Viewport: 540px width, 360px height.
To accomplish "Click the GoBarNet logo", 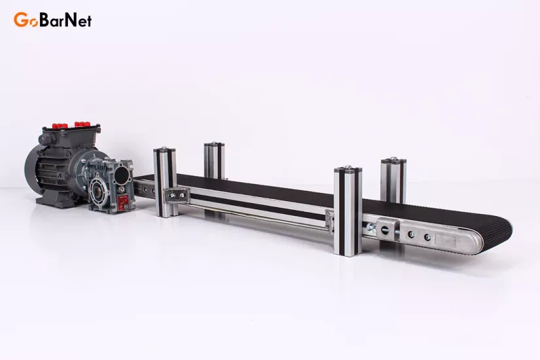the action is [x=53, y=20].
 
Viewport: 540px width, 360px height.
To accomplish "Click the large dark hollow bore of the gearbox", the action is [x=123, y=174].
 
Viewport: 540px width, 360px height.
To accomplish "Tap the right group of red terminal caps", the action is [x=82, y=123].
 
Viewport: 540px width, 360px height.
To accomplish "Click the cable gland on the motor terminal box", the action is [x=45, y=139].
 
